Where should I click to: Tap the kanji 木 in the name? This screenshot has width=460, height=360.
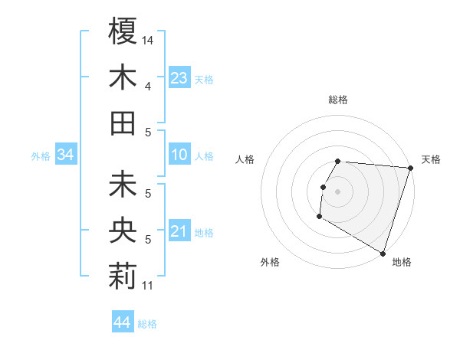click(x=123, y=78)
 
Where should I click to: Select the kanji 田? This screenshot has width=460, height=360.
click(x=123, y=123)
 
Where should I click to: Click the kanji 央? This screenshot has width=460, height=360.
click(x=123, y=231)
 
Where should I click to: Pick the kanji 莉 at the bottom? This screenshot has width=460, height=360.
click(x=123, y=277)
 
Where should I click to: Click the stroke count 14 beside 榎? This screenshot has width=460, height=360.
click(x=148, y=39)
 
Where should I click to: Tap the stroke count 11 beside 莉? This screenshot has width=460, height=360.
click(x=148, y=286)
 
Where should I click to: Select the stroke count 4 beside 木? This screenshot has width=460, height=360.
click(x=148, y=86)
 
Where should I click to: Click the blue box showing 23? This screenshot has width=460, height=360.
click(x=179, y=78)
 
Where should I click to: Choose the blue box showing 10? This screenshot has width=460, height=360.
click(x=179, y=155)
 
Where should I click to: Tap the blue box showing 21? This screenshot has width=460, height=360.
click(x=179, y=231)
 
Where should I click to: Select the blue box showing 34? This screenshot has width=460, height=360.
click(x=65, y=155)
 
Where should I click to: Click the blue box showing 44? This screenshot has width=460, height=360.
click(x=122, y=322)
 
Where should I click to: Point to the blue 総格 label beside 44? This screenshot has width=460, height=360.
click(x=147, y=324)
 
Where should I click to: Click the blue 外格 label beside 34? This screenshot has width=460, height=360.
click(x=41, y=156)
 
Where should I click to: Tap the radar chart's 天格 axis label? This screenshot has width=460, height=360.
click(x=431, y=159)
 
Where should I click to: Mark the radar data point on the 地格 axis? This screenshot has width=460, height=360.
click(x=382, y=253)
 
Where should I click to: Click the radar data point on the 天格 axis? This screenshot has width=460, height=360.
click(x=410, y=168)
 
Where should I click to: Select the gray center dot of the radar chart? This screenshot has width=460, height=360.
click(x=337, y=191)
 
